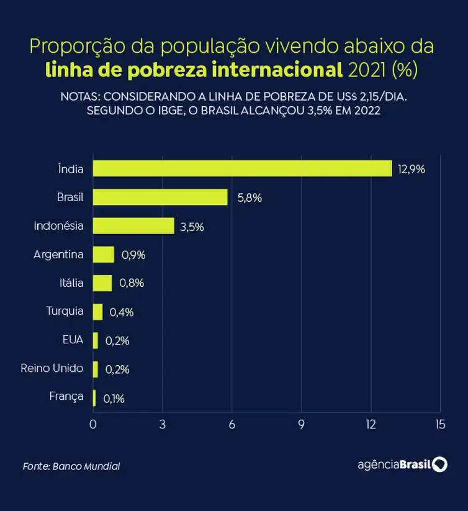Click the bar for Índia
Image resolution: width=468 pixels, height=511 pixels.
coord(242,168)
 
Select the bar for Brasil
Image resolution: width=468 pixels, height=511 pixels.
coord(160,197)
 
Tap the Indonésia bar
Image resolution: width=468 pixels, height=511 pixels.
coord(133,226)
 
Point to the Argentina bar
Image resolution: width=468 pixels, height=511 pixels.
coord(104,255)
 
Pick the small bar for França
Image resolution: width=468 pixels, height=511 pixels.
coord(94,398)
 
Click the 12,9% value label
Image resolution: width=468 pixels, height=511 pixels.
coord(411,169)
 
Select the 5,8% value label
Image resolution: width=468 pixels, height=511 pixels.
coord(249,198)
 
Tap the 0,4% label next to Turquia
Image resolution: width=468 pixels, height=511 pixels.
coord(121,312)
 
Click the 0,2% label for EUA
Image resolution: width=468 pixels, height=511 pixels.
coord(117,341)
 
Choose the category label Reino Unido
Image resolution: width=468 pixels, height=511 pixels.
coord(52,368)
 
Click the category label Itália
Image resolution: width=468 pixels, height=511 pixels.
coord(71,283)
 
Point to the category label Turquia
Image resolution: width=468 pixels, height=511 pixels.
coord(65,311)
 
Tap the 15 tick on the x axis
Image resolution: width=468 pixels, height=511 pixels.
coord(440,425)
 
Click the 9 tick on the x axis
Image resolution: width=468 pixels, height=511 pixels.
coord(302,425)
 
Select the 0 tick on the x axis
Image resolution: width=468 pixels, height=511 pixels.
coord(93,425)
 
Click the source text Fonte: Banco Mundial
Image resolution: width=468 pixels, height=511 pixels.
coord(71,466)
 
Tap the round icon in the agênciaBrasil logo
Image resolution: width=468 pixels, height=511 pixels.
coord(439,464)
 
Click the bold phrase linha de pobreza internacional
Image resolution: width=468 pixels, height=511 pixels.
coord(194,70)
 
